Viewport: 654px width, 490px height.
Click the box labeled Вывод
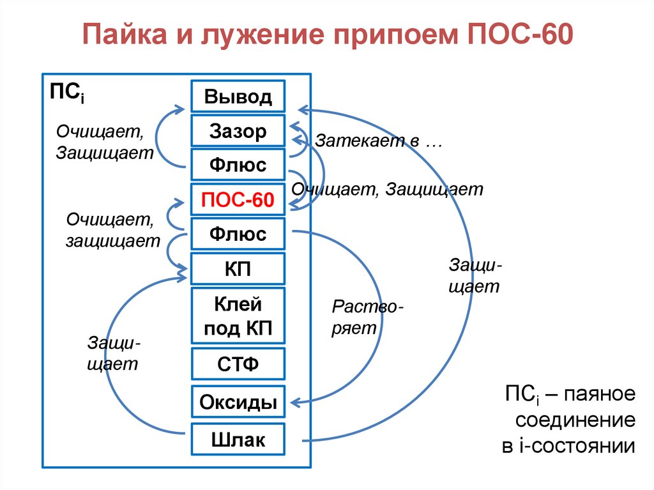pyautogui.click(x=238, y=96)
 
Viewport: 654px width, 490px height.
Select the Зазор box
pyautogui.click(x=238, y=132)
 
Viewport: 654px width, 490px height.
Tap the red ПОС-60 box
pyautogui.click(x=238, y=201)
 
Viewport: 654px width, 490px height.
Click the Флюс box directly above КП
pyautogui.click(x=238, y=234)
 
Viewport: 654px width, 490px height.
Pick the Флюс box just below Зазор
pyautogui.click(x=238, y=166)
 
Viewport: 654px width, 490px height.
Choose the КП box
pyautogui.click(x=238, y=268)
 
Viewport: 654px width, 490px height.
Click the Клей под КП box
pyautogui.click(x=238, y=316)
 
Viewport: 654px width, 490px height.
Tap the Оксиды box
pyautogui.click(x=238, y=402)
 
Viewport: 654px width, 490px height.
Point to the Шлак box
pyautogui.click(x=238, y=439)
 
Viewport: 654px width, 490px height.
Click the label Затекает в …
pyautogui.click(x=379, y=141)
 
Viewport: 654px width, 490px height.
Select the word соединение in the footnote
pyautogui.click(x=575, y=420)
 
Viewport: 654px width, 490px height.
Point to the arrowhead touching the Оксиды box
pyautogui.click(x=294, y=402)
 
